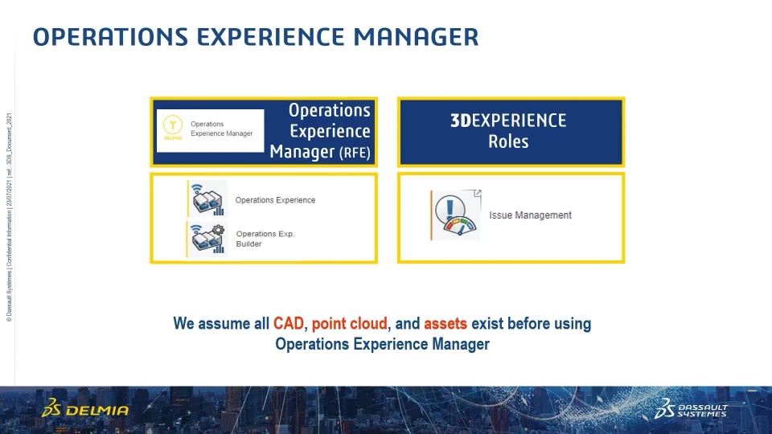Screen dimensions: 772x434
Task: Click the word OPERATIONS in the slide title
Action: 110,37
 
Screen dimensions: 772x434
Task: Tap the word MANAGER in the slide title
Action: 416,37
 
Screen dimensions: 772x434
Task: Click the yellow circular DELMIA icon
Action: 173,125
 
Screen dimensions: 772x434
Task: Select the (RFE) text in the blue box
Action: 355,153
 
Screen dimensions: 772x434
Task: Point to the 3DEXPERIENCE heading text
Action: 508,121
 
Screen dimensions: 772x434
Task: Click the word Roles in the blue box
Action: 508,141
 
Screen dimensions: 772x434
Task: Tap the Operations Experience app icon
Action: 207,199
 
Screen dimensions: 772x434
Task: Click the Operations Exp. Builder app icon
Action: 207,240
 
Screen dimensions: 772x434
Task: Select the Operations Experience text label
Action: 275,200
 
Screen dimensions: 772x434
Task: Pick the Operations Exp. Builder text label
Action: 265,239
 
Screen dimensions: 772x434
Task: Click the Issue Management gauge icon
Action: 456,215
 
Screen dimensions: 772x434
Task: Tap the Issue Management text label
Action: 530,215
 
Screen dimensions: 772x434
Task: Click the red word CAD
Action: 289,324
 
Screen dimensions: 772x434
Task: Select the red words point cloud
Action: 350,324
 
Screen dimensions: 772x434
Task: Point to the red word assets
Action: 445,324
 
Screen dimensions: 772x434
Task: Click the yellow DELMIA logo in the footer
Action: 85,408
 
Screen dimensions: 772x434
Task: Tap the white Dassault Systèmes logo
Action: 690,408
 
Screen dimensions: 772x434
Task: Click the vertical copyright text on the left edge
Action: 9,218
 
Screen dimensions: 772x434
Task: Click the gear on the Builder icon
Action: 219,229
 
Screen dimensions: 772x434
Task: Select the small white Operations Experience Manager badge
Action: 210,131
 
